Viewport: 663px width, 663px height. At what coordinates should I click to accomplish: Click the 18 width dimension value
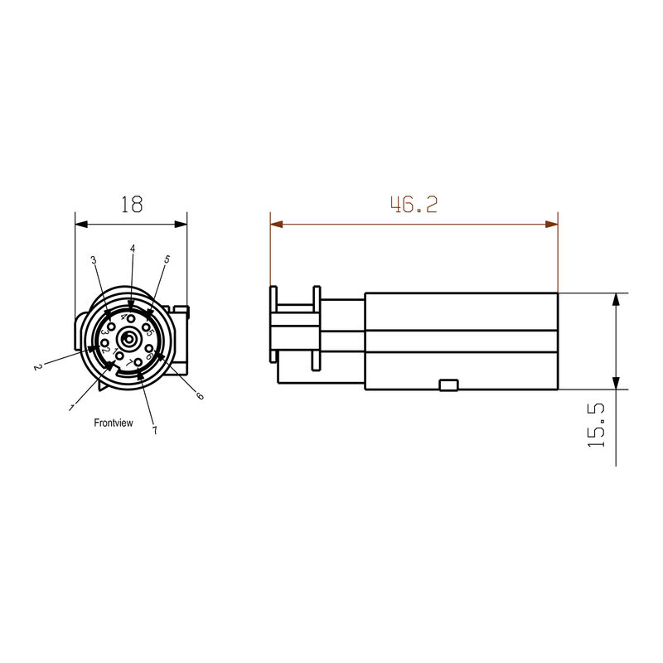(131, 205)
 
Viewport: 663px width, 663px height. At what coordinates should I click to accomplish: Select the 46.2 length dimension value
(414, 205)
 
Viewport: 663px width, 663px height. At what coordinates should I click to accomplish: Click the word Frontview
(114, 423)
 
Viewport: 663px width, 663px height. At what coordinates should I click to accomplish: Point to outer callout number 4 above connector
(132, 249)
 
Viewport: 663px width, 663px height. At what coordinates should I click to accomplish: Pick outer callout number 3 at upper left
(94, 260)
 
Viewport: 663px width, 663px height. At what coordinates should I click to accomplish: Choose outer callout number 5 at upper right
(167, 259)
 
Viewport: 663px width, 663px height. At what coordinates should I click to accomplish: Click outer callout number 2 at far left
(37, 365)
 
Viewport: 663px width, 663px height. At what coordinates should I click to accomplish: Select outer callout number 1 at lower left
(72, 407)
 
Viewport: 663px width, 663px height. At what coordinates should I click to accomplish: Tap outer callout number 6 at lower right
(199, 396)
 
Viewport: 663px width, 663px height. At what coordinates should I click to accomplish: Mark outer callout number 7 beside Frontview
(154, 430)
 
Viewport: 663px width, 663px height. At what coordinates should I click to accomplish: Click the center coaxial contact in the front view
(130, 339)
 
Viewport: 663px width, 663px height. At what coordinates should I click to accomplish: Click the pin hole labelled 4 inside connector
(131, 319)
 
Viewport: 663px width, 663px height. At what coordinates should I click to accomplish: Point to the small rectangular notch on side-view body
(448, 384)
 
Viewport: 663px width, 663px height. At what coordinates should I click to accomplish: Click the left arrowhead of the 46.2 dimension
(276, 224)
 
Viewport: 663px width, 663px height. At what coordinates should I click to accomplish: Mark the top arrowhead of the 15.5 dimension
(616, 299)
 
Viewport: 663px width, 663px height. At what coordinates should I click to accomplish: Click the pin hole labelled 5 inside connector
(147, 327)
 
